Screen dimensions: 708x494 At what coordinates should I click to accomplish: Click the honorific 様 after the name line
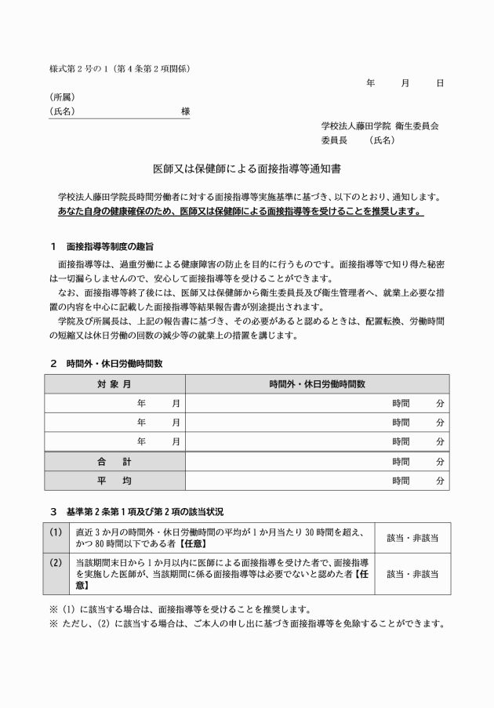pos(185,111)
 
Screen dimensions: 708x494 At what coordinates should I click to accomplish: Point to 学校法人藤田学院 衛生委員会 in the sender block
pos(380,126)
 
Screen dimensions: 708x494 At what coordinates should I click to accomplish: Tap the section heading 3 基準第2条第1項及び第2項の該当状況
pos(136,511)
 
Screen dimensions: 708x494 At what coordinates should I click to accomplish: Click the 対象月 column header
pos(114,384)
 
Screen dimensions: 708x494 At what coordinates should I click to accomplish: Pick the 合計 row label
pos(114,461)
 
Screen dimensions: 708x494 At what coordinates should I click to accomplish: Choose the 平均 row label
pos(114,481)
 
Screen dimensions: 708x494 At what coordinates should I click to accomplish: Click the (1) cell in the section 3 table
pos(56,532)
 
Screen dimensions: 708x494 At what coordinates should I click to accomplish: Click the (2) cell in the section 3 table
pos(56,562)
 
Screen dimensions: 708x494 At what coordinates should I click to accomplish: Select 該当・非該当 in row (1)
pos(412,538)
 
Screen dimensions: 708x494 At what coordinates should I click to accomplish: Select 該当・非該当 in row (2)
pos(412,574)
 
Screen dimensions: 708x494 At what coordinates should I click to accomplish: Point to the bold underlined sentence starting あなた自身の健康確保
pos(241,212)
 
